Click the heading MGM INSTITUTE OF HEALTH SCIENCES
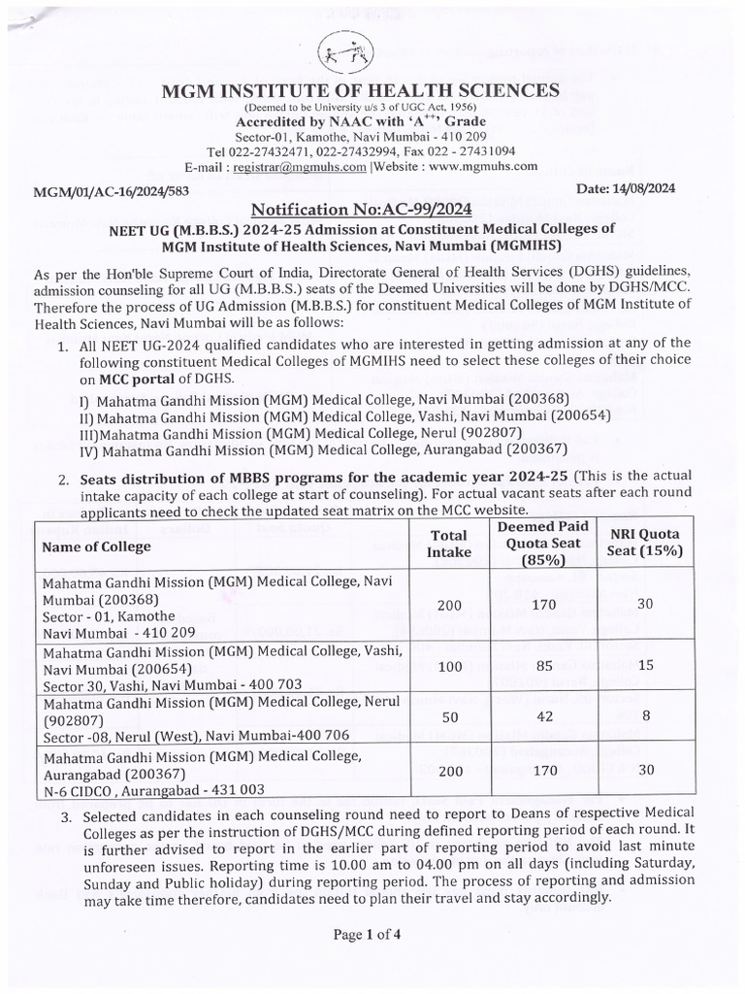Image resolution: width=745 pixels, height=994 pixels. point(360,91)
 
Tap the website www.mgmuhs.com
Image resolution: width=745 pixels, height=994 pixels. point(482,166)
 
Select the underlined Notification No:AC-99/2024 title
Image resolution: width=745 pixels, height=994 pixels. point(362,210)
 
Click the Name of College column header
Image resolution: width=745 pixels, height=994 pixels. point(96,547)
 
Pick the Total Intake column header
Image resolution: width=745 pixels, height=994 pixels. point(448,544)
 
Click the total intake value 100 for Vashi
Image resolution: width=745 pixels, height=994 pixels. point(449,665)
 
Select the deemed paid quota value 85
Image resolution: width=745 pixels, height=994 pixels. point(544,666)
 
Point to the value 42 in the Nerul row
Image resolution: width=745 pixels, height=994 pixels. point(544,716)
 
